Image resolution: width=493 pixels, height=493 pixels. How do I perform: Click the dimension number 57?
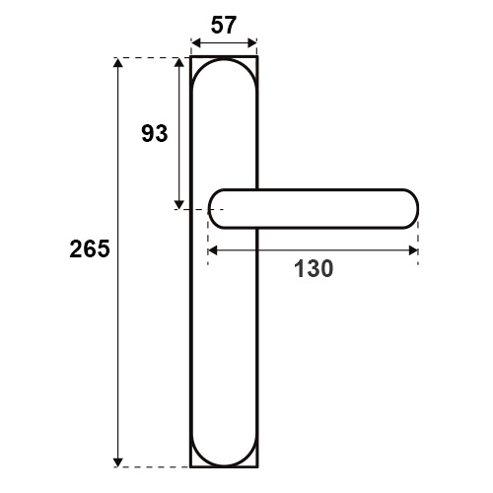click(x=224, y=26)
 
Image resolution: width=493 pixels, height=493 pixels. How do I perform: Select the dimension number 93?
click(x=155, y=133)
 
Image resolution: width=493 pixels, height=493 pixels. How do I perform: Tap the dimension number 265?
click(x=90, y=248)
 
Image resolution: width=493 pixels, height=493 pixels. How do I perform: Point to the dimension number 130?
click(x=314, y=268)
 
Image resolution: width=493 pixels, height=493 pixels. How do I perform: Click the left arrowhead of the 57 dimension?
click(x=196, y=43)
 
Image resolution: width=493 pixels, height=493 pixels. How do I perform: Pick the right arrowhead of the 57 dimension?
click(x=251, y=43)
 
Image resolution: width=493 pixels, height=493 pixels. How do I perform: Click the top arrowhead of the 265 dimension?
click(x=118, y=62)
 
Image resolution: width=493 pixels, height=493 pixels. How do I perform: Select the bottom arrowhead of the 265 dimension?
click(x=118, y=462)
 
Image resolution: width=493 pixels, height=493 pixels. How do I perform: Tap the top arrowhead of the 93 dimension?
click(x=179, y=62)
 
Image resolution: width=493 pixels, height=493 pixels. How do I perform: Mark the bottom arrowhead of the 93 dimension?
click(x=179, y=204)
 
